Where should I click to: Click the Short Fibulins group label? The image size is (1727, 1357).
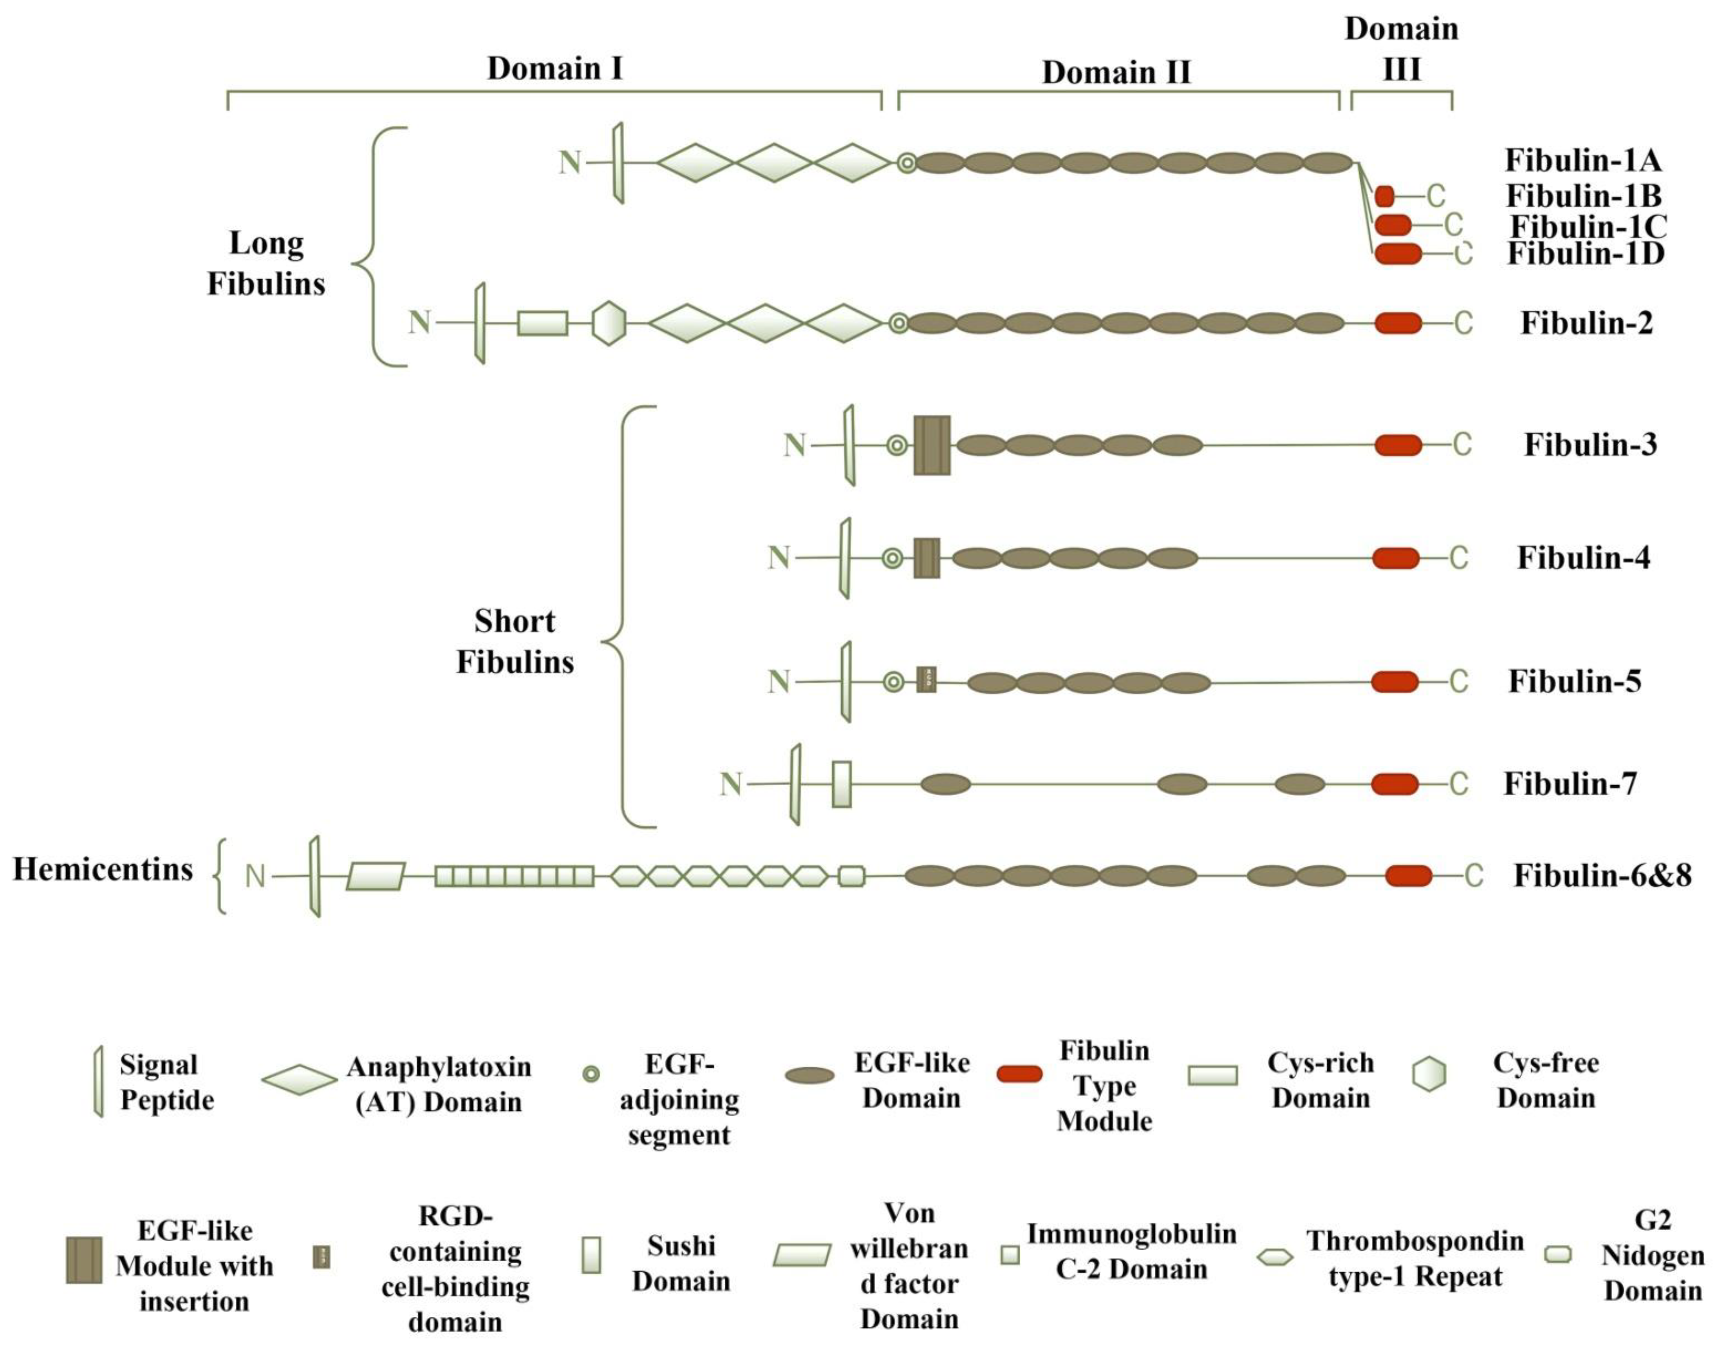click(x=515, y=641)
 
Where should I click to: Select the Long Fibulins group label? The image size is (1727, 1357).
click(x=266, y=263)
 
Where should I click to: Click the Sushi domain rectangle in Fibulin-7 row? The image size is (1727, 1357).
click(x=842, y=784)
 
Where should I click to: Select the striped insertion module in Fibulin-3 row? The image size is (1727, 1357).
click(x=932, y=445)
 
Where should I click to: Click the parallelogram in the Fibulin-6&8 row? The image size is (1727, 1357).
click(x=376, y=876)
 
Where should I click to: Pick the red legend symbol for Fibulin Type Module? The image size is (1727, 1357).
click(x=1019, y=1074)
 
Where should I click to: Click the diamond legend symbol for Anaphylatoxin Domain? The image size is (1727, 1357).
click(x=299, y=1080)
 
